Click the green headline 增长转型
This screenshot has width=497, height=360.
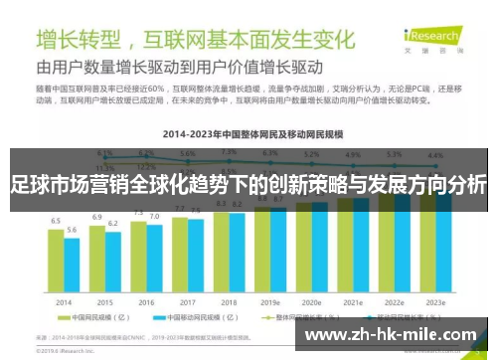coord(80,41)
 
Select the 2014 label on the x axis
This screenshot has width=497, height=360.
coord(63,301)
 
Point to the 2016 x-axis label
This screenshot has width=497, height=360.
coord(146,301)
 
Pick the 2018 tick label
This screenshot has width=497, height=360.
coord(229,301)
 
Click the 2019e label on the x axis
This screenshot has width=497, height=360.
coord(270,301)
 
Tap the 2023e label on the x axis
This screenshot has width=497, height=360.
coord(435,301)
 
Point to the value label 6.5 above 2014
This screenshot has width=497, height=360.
coord(56,222)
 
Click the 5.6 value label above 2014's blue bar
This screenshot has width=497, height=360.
coord(72,231)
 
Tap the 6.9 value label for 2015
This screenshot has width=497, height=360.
coord(97,216)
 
